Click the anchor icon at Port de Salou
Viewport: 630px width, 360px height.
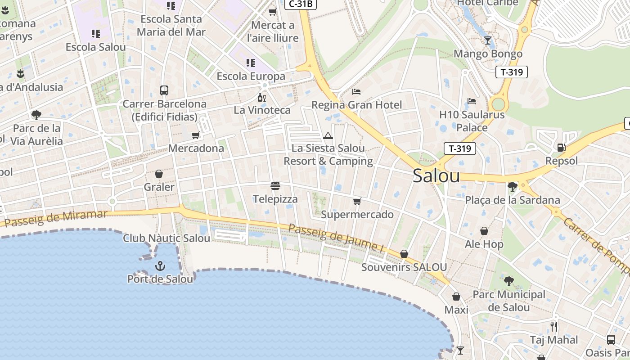click(160, 266)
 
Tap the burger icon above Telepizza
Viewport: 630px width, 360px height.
click(275, 185)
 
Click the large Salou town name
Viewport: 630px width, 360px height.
click(436, 176)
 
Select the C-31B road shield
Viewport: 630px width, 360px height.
click(301, 4)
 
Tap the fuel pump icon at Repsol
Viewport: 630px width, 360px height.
click(561, 147)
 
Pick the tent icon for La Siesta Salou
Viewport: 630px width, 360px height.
click(328, 135)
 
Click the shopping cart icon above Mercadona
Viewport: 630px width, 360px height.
click(196, 135)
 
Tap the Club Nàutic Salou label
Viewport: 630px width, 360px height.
click(166, 238)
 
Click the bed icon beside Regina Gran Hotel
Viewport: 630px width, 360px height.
click(356, 92)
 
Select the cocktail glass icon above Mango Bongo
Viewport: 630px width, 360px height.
click(488, 40)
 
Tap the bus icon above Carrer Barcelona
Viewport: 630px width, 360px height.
click(164, 90)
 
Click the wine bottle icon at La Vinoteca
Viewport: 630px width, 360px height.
click(261, 97)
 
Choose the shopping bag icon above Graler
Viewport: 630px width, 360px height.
click(159, 174)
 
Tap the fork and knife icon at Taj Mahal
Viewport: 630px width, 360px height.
click(554, 326)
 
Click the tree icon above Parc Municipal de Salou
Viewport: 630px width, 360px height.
click(509, 281)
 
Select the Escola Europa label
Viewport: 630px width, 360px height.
click(251, 76)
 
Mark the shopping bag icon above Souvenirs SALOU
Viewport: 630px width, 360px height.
click(404, 254)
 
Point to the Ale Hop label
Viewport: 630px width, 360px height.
click(484, 244)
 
